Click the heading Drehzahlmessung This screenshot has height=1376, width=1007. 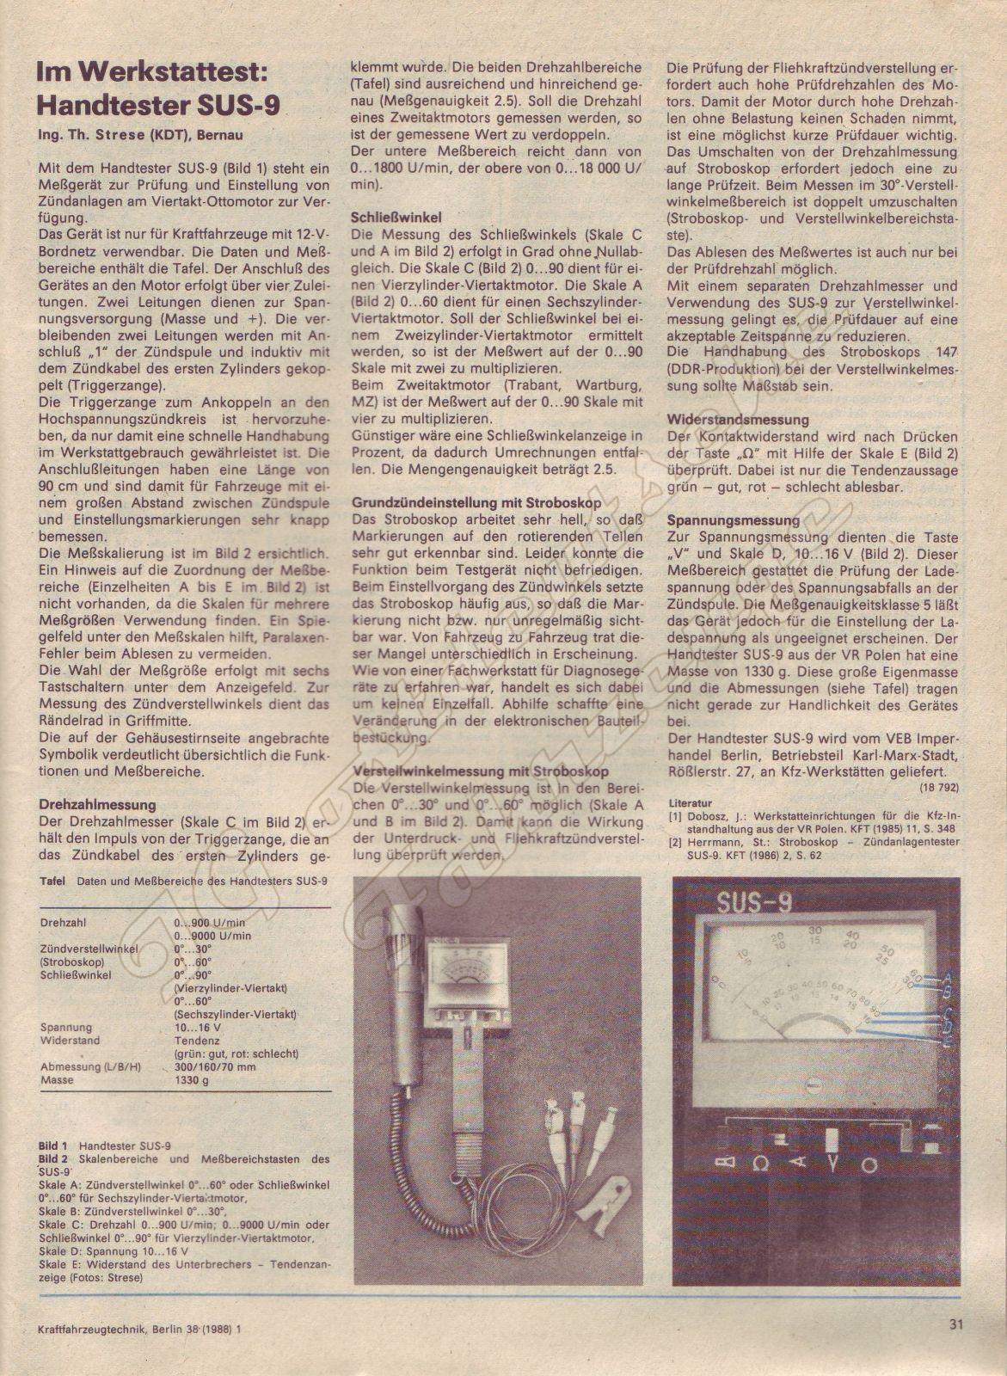click(x=98, y=804)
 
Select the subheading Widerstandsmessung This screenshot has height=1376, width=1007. click(x=738, y=420)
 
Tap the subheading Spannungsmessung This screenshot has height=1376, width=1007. click(x=734, y=520)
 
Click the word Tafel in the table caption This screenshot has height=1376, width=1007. click(x=53, y=881)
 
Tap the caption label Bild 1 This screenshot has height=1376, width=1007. click(x=53, y=1146)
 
